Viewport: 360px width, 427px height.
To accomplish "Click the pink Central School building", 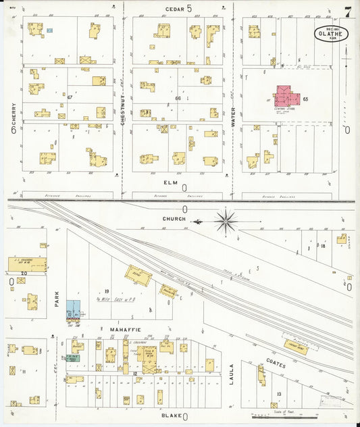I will point(285,96).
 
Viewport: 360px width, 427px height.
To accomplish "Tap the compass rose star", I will point(226,220).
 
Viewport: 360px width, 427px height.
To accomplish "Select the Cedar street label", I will point(175,8).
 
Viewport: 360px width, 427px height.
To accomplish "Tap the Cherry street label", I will point(13,115).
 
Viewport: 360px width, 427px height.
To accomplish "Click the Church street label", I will point(174,219).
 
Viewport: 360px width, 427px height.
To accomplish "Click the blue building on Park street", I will point(73,309).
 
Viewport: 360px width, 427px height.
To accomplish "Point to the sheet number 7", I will point(347,11).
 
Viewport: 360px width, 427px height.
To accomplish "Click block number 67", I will point(69,97).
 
